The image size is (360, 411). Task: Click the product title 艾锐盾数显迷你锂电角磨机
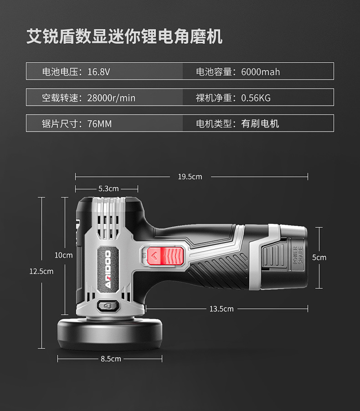click(x=124, y=36)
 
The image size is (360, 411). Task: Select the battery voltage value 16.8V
click(x=99, y=71)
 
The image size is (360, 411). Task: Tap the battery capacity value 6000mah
click(x=261, y=71)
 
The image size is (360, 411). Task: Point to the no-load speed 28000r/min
click(x=111, y=97)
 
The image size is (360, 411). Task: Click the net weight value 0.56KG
click(x=256, y=97)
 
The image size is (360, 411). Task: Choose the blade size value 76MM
click(x=99, y=123)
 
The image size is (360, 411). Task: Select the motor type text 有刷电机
click(x=260, y=123)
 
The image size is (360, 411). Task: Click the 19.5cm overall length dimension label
click(x=190, y=177)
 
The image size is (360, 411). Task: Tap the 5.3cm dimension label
click(x=108, y=188)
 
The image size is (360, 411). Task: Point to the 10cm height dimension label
click(x=63, y=255)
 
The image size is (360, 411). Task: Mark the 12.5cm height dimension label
click(x=41, y=271)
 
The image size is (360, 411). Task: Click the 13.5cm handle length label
click(x=221, y=309)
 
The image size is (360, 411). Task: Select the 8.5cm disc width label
click(x=111, y=359)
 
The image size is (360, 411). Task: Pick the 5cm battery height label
click(x=319, y=257)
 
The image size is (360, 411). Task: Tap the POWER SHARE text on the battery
click(x=298, y=256)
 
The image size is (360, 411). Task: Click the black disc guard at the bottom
click(x=109, y=335)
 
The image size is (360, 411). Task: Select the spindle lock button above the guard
click(x=108, y=306)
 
